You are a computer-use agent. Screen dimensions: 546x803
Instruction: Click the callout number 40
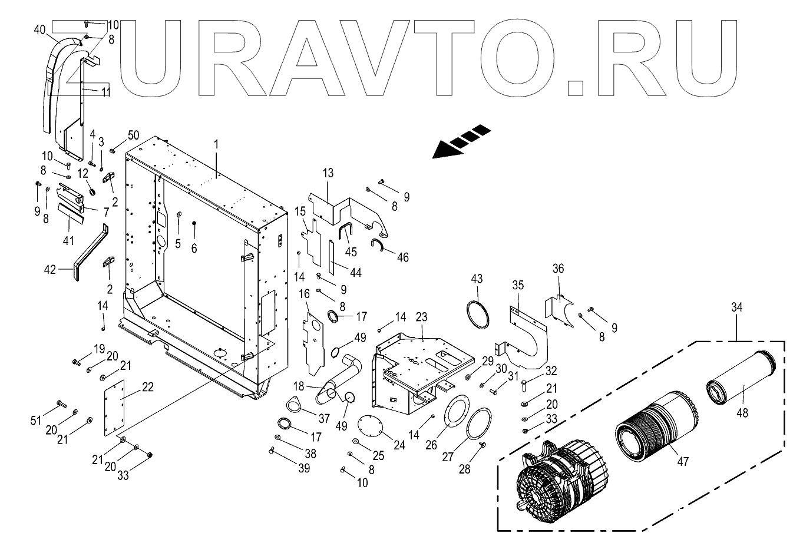click(39, 29)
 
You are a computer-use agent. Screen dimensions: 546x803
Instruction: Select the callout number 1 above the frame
click(216, 144)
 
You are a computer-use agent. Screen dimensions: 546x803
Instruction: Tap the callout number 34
click(736, 307)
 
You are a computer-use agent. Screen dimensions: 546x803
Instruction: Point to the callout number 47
click(682, 462)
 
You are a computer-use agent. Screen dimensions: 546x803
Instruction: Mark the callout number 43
click(477, 277)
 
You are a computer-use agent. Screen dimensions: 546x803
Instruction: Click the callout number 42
click(50, 269)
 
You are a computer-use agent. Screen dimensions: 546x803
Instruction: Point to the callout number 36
click(558, 269)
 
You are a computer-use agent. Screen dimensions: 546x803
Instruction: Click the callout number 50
click(134, 135)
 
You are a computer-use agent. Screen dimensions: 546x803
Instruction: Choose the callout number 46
click(402, 257)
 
